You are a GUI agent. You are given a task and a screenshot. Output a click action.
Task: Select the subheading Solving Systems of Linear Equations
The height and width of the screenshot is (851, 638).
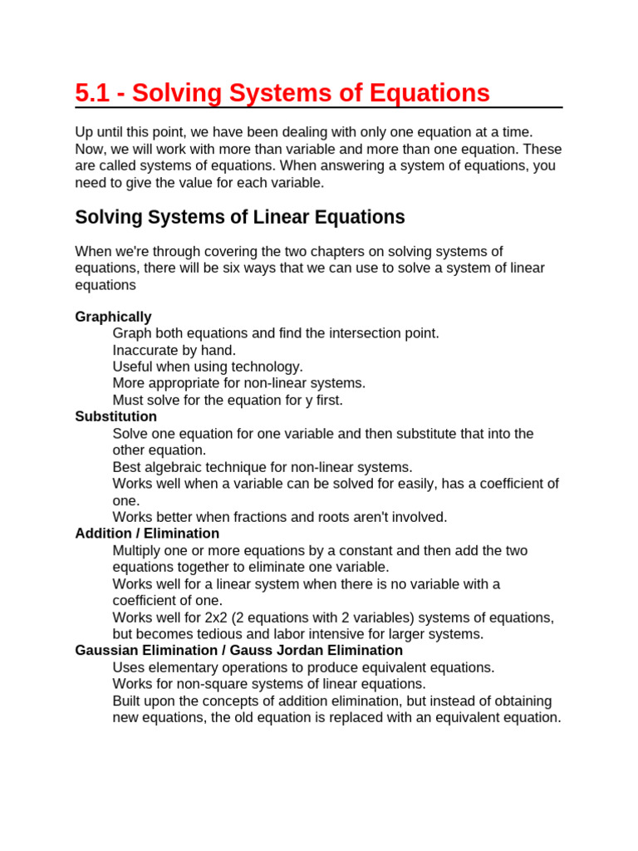(240, 218)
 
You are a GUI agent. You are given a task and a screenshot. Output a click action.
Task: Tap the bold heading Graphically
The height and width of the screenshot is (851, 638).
(113, 317)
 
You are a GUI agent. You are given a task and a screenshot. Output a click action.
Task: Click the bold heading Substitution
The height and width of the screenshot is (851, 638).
(115, 416)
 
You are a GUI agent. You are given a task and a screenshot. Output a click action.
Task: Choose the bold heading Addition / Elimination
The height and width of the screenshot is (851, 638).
(147, 534)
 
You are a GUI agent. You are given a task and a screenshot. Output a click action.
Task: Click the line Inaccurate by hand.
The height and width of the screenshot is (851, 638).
(174, 350)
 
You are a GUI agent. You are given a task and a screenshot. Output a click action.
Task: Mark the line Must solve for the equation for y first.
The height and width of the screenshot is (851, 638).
(228, 400)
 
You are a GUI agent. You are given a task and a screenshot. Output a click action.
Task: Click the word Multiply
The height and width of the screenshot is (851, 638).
(138, 550)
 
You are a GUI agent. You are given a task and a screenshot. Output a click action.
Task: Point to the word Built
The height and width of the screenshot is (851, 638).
(127, 701)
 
